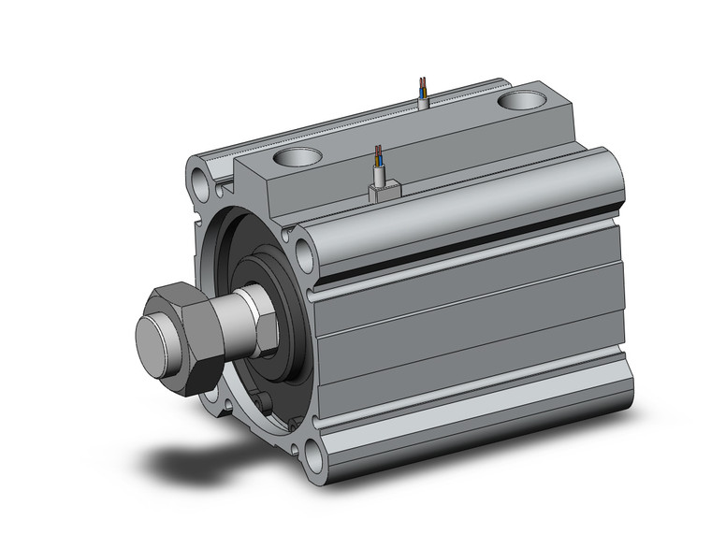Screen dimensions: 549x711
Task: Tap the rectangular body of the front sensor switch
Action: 384,192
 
